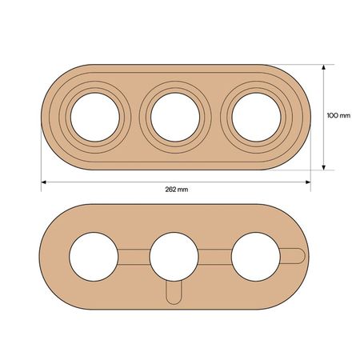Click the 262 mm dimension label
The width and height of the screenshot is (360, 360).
pos(177,190)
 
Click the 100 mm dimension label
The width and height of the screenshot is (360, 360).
pos(338,115)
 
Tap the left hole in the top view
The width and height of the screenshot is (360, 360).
pos(95,117)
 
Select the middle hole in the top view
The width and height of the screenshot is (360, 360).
pos(175,117)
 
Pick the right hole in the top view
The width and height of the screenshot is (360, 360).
pos(256,117)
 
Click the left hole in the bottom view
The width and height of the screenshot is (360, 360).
pos(94,257)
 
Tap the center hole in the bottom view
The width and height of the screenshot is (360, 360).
pos(174,257)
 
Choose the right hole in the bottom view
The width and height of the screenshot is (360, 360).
pos(256,257)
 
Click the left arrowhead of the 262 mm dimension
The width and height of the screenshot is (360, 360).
pos(44,182)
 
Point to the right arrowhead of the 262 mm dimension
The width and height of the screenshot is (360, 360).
pos(308,182)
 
